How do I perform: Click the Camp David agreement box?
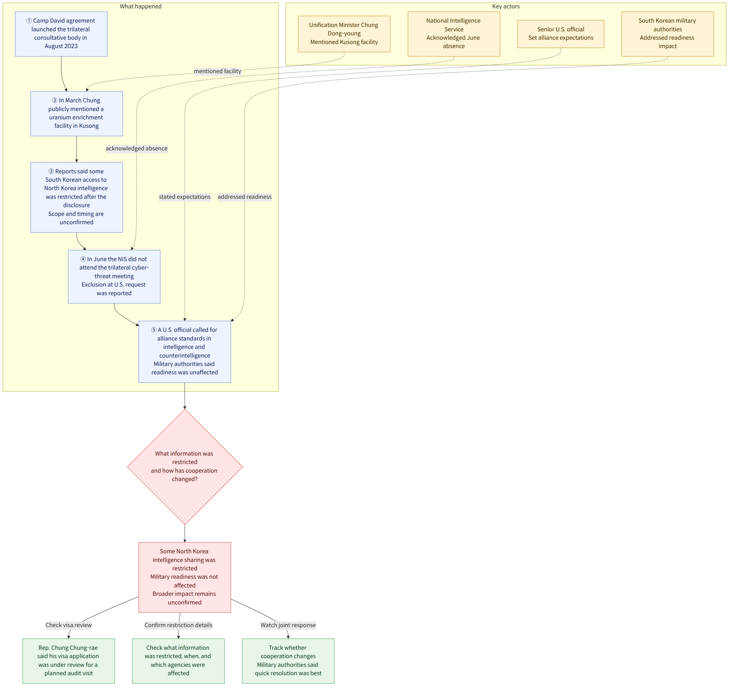61,34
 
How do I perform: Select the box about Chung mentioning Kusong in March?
77,114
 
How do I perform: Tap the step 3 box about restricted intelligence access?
77,197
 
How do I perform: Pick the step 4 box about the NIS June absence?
114,277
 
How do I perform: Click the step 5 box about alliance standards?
185,352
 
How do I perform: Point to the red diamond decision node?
185,467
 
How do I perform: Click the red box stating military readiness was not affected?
185,577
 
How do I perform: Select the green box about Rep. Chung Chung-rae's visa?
69,661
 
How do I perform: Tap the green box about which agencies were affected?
178,661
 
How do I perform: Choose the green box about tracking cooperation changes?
288,661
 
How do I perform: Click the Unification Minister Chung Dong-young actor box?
344,34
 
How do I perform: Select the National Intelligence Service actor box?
454,34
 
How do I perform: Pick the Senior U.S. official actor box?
561,34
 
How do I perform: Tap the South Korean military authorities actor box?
668,34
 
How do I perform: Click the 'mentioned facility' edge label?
218,71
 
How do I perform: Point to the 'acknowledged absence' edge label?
137,149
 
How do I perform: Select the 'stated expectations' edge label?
185,197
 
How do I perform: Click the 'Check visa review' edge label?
69,625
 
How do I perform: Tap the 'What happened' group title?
141,6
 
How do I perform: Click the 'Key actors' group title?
506,6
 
